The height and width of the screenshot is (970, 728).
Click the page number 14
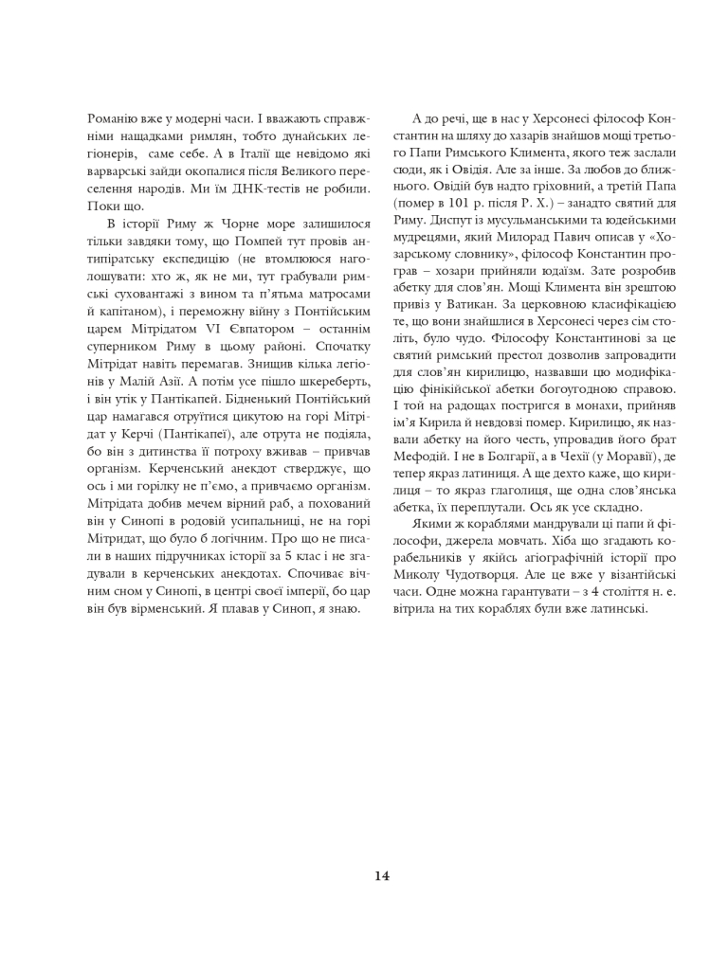[381, 875]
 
